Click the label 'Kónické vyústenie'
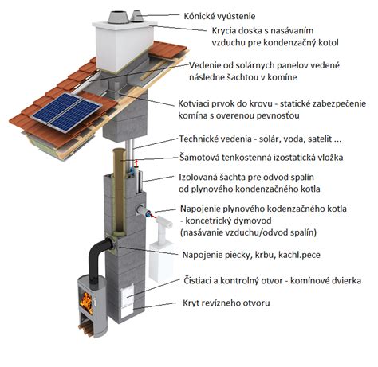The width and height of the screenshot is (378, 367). (x=219, y=16)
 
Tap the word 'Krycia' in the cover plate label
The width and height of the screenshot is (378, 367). (x=223, y=31)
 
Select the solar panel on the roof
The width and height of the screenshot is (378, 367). (x=66, y=111)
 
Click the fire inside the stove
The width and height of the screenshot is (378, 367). (x=87, y=303)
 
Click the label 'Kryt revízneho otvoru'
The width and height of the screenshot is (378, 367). (x=226, y=303)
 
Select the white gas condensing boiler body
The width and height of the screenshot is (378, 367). (x=160, y=262)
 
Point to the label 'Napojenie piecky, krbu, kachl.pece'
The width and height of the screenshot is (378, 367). (x=251, y=255)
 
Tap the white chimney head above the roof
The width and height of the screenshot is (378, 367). (x=124, y=46)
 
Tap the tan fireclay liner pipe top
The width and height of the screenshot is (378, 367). (x=119, y=153)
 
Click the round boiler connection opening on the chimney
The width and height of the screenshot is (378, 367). (x=140, y=210)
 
